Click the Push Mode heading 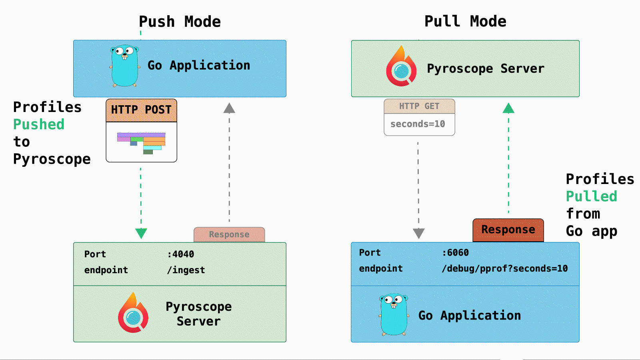(x=180, y=22)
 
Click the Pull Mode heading (x=465, y=21)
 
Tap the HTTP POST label (x=141, y=110)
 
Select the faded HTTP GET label (x=419, y=106)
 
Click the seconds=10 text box (x=418, y=124)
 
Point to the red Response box (x=508, y=230)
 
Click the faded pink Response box (x=229, y=234)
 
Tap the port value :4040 (x=180, y=254)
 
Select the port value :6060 (x=455, y=253)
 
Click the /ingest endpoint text (x=186, y=270)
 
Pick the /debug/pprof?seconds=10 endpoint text (x=504, y=269)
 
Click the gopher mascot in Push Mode (x=125, y=66)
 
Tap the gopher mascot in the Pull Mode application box (x=394, y=314)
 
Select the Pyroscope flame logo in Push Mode (x=133, y=314)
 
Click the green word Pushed (x=39, y=124)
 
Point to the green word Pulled (x=591, y=196)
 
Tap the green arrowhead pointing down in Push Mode (x=141, y=233)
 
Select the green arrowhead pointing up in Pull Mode (x=508, y=108)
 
